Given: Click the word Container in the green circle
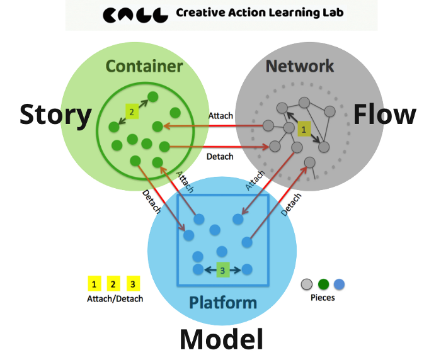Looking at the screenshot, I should tap(144, 66).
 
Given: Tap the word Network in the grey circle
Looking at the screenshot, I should tap(299, 66).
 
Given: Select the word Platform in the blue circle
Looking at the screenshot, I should tap(223, 303).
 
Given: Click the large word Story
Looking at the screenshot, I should tap(55, 115).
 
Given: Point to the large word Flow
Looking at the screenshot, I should tap(384, 115).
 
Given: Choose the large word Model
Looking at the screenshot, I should tap(221, 339).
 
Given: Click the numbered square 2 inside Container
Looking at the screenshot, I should tap(131, 111).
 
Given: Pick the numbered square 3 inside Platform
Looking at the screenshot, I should tap(222, 270).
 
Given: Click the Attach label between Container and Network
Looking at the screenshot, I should tap(220, 116).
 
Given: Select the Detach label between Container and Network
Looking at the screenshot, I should tap(220, 156).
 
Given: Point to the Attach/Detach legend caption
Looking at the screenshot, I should tap(115, 299).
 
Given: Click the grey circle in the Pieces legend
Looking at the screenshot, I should tap(308, 284).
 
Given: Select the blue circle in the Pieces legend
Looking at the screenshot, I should tap(340, 284).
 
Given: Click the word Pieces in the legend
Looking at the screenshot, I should tap(323, 298).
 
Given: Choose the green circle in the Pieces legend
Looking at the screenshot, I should tap(324, 284).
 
